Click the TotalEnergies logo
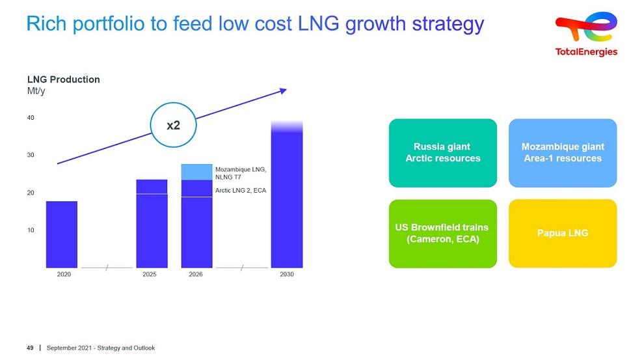coord(586,34)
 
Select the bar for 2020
coord(62,234)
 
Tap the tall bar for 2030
coord(287,194)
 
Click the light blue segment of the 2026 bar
coord(196,173)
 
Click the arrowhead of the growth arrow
coord(283,91)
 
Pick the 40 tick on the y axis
coord(31,118)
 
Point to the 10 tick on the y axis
coord(31,230)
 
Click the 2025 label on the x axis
coord(150,274)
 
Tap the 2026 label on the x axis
coord(196,274)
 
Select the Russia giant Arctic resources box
coord(443,153)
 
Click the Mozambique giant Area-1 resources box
coord(563,153)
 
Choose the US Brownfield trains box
coord(443,234)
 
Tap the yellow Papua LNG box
coord(563,234)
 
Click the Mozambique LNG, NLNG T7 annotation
coord(241,173)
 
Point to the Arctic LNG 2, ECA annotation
coord(241,190)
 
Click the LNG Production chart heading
coord(64,79)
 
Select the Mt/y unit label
coord(36,91)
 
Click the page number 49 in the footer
coord(30,348)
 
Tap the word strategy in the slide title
coord(448,24)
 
